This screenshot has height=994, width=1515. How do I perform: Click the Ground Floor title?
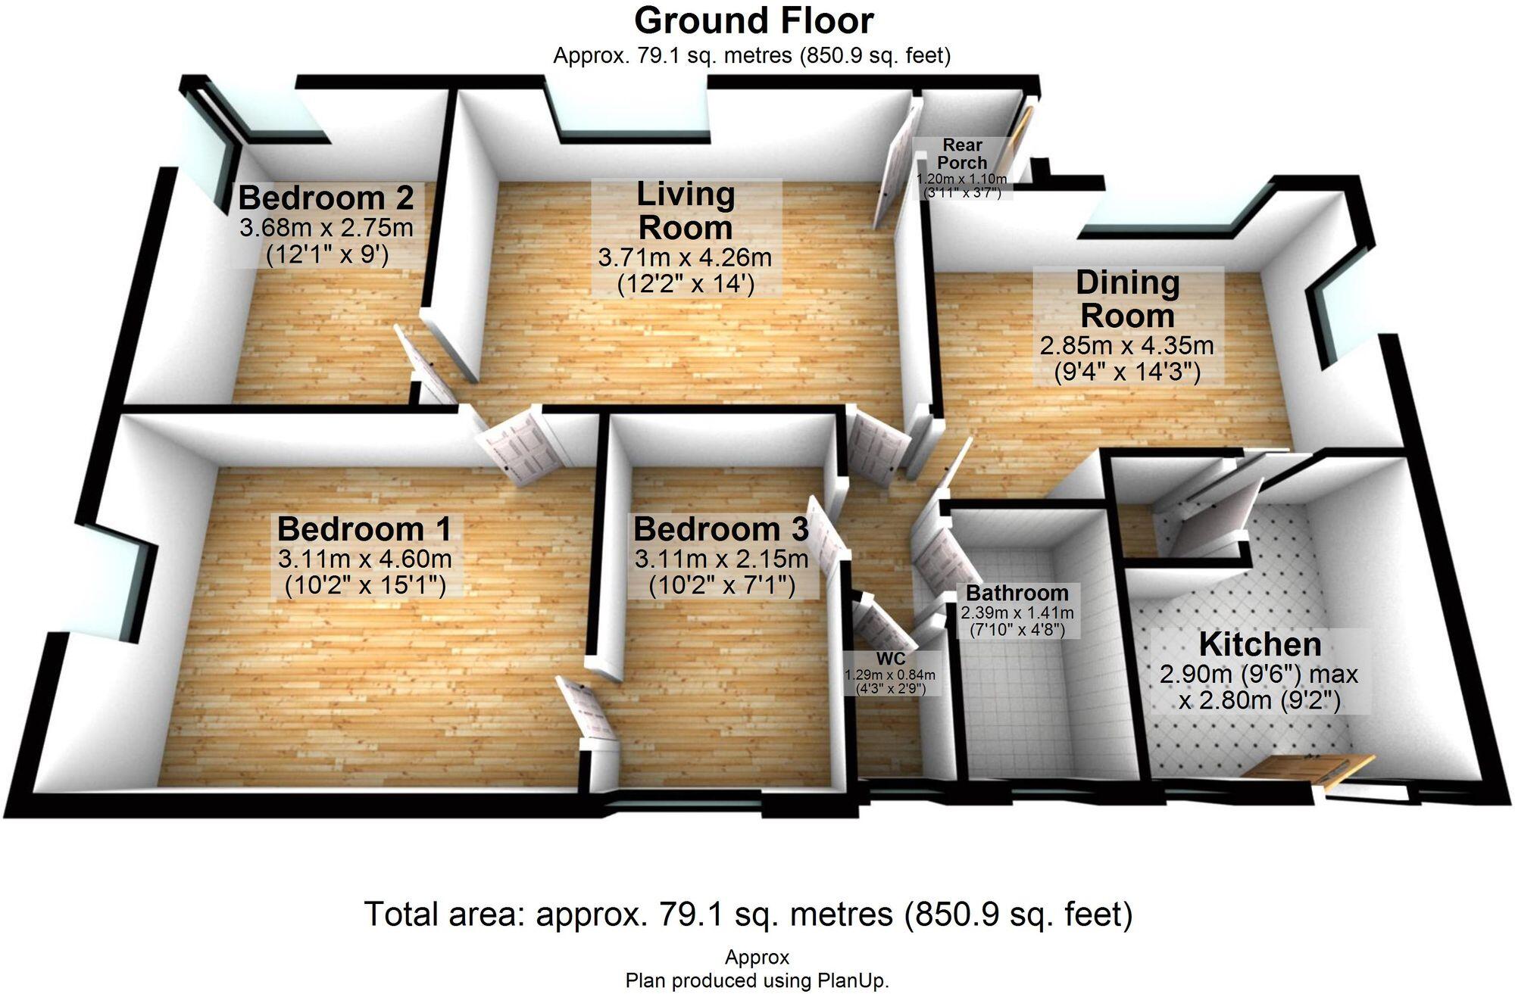(x=754, y=21)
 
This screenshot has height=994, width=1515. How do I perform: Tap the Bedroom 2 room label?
(x=326, y=198)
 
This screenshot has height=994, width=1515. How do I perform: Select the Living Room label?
(x=686, y=211)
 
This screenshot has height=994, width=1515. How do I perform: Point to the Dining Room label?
(x=1128, y=299)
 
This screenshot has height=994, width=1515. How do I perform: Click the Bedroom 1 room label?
(x=364, y=529)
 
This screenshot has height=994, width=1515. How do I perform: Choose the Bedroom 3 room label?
(x=721, y=529)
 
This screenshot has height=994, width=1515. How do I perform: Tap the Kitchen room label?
(x=1260, y=645)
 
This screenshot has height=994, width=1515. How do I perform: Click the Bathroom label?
(x=1017, y=593)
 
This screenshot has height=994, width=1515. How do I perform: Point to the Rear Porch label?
(x=962, y=154)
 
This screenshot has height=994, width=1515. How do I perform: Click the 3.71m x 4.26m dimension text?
(x=685, y=257)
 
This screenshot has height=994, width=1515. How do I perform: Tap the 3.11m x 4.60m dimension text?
(x=364, y=559)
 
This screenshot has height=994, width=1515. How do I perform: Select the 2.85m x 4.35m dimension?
(x=1127, y=346)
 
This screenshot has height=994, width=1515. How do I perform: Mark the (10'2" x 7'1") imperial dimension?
(x=722, y=586)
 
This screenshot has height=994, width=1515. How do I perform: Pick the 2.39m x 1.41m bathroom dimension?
(x=1017, y=612)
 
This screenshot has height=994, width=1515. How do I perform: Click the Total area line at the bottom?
(x=748, y=915)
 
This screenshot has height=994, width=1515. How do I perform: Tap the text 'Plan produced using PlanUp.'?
(x=757, y=981)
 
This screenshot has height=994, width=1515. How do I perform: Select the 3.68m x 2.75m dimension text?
(x=326, y=228)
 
